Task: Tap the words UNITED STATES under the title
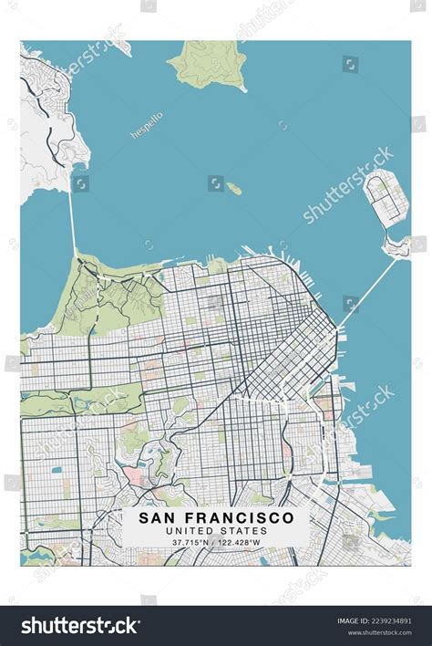coord(216,530)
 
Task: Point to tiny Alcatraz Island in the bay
coord(234,189)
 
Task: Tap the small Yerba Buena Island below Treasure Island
coord(396,245)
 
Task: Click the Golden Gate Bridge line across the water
coord(72,224)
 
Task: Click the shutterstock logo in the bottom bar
coord(81,625)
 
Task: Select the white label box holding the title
coord(216,527)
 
